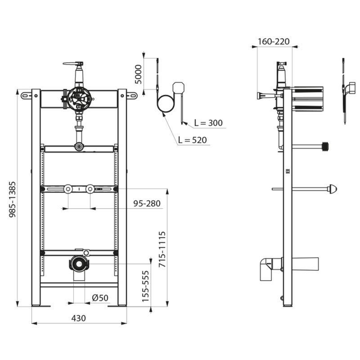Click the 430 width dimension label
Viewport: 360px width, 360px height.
(79, 318)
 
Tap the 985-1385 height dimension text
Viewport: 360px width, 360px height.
(12, 199)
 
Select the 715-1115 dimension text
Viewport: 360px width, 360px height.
(162, 250)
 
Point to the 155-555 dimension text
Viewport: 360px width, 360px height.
(145, 286)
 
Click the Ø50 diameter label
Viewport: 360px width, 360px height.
(100, 298)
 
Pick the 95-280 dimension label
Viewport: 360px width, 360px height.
(147, 203)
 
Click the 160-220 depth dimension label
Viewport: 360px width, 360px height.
(274, 41)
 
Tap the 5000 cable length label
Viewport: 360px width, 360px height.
(138, 74)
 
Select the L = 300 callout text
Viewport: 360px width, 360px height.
(208, 123)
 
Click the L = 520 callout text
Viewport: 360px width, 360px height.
(193, 140)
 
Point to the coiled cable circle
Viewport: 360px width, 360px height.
(166, 104)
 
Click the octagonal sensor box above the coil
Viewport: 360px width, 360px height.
(178, 88)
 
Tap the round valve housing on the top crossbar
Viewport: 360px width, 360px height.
(78, 98)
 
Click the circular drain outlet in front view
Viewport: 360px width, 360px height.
(79, 264)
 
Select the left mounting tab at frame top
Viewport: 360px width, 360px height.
(26, 95)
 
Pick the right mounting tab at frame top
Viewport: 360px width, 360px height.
(132, 95)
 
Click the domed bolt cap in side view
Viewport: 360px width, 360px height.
(333, 189)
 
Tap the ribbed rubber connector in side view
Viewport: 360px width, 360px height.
(325, 147)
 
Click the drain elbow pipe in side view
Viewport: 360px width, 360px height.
(271, 269)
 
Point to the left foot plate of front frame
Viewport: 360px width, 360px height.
(41, 306)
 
